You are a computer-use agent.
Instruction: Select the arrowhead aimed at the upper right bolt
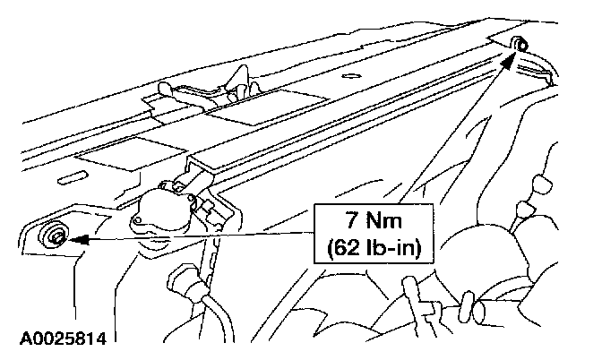coord(510,60)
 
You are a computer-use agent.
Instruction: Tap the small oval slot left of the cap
coord(66,181)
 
